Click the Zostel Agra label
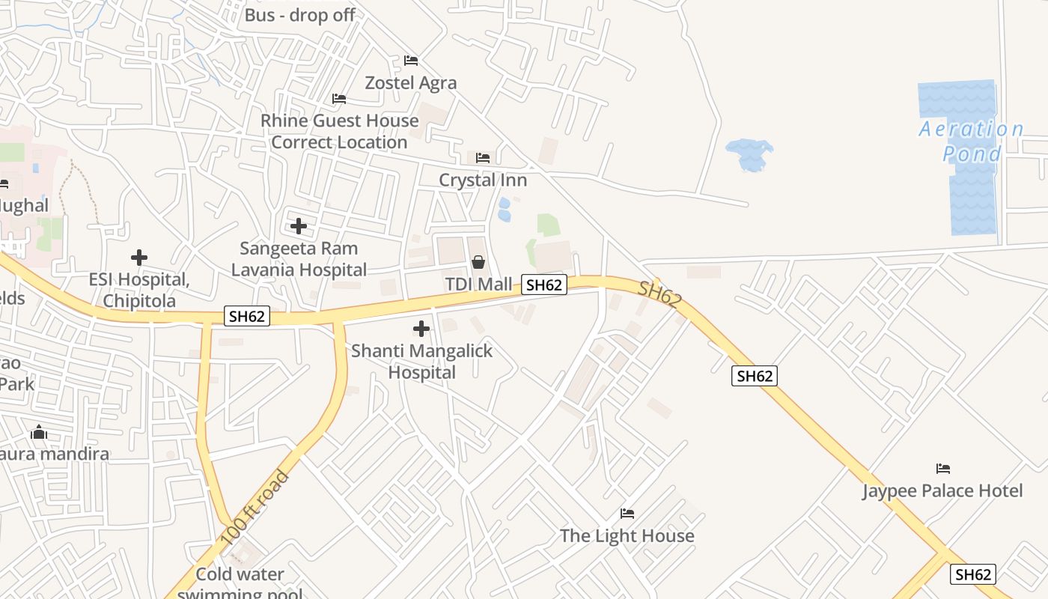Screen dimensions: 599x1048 (x=410, y=82)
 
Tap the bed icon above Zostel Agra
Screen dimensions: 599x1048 (x=410, y=61)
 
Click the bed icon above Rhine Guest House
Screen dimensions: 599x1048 (x=339, y=99)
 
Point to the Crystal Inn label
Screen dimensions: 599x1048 (x=483, y=180)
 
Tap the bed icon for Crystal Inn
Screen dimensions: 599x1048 (x=483, y=158)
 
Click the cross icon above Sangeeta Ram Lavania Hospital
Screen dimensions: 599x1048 (x=299, y=225)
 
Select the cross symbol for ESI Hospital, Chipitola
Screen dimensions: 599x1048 (x=139, y=258)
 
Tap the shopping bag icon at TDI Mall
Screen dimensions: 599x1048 (x=478, y=262)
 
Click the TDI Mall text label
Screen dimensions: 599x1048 (x=479, y=284)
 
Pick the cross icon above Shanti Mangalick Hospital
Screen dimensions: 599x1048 (x=421, y=329)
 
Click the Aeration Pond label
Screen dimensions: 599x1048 (x=972, y=142)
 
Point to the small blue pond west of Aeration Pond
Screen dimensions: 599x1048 (x=749, y=154)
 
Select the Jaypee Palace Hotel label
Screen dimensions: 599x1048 (x=942, y=491)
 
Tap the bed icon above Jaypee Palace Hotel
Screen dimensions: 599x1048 (x=943, y=469)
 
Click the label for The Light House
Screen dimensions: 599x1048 (x=627, y=536)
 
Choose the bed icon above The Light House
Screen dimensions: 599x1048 (x=627, y=514)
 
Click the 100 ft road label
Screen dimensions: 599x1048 (x=255, y=507)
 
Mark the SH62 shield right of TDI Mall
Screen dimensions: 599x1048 (x=544, y=285)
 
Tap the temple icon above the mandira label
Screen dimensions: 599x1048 (x=39, y=433)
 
